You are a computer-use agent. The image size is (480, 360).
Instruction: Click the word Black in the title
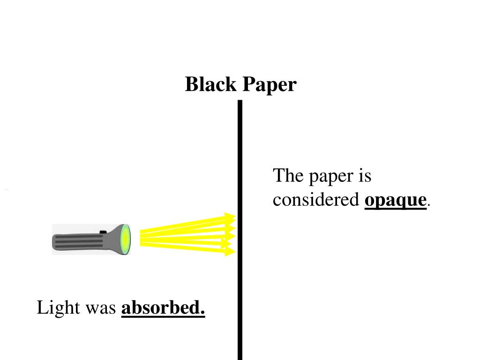(x=210, y=85)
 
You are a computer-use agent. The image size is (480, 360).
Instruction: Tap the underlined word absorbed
(x=163, y=308)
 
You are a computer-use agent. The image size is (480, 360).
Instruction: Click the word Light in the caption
(x=52, y=308)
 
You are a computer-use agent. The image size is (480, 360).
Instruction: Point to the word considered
(x=316, y=200)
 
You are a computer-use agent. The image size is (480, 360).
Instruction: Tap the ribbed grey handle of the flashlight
(x=77, y=241)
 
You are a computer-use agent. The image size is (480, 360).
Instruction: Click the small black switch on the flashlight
(x=103, y=231)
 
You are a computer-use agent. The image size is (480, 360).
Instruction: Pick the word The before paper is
(x=288, y=176)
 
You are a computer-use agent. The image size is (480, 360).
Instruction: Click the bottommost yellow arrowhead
(x=230, y=252)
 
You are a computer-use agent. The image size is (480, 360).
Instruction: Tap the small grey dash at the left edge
(x=7, y=190)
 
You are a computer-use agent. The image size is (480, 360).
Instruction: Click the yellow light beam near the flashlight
(x=155, y=237)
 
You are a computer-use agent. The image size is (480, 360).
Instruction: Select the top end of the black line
(x=240, y=102)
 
